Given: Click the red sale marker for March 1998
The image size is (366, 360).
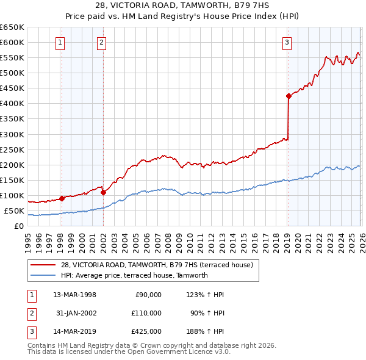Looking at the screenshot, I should [x=62, y=198].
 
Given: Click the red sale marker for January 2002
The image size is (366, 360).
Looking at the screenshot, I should [x=103, y=192].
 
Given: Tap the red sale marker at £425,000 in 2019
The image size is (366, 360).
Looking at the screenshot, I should [x=288, y=96].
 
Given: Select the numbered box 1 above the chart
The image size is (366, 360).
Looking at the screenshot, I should [x=61, y=42].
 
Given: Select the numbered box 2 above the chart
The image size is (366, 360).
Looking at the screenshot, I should [x=101, y=42].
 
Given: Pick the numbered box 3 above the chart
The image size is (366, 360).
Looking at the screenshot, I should [x=287, y=42].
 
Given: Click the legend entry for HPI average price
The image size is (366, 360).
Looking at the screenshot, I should [x=134, y=275].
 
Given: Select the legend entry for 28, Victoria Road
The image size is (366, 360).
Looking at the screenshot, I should [x=152, y=264].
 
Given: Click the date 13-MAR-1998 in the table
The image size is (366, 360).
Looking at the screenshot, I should [x=74, y=295].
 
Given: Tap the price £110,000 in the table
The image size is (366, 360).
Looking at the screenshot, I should [x=147, y=313].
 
